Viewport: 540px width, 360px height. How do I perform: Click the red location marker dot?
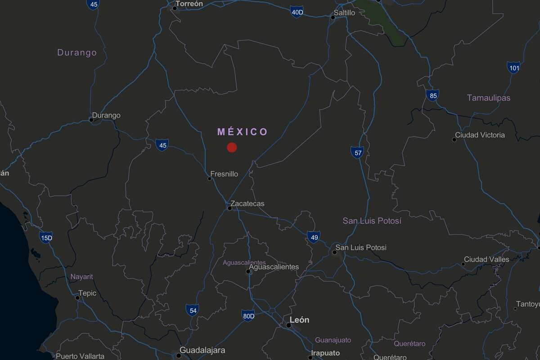[232, 147]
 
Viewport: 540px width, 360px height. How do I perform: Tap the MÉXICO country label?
[243, 132]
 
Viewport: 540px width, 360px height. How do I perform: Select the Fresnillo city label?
[224, 174]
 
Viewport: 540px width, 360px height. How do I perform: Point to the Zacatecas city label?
[247, 203]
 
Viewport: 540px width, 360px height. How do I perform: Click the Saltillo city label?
[344, 13]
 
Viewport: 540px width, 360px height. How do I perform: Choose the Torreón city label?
[189, 4]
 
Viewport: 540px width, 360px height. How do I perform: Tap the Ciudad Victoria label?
[480, 135]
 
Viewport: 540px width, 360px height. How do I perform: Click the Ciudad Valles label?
[486, 259]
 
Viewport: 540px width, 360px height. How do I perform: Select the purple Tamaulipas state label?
[488, 98]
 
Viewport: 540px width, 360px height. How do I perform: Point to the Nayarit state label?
[81, 277]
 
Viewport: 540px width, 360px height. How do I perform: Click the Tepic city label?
[87, 293]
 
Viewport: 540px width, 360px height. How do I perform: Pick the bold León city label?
[299, 320]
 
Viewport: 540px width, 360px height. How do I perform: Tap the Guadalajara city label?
[202, 350]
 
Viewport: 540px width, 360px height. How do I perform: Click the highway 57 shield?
[357, 153]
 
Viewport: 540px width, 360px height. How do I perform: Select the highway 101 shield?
[513, 68]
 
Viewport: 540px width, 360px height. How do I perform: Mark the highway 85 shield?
[432, 95]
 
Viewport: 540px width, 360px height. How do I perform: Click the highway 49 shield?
[314, 237]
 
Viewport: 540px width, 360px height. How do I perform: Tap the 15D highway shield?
[46, 238]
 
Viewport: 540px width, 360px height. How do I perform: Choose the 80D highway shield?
[248, 316]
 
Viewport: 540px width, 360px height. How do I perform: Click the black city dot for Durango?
[91, 120]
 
